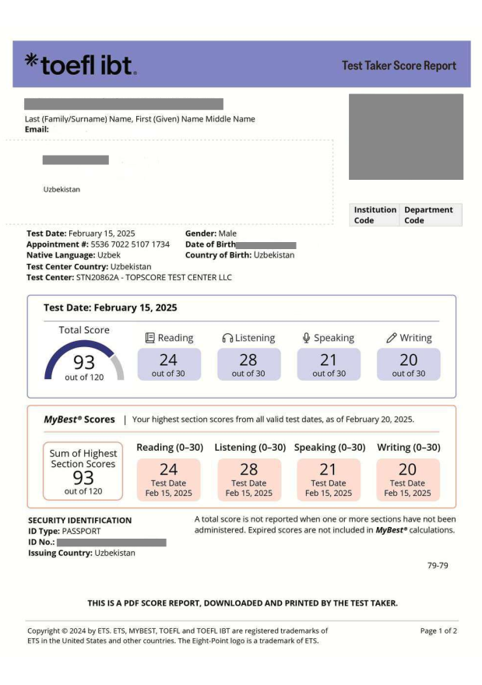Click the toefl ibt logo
pos(80,65)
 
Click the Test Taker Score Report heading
pos(399,65)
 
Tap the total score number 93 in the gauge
pos(84,364)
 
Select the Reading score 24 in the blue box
pos(168,360)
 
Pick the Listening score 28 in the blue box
pos(248,360)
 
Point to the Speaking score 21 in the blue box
pos(329,360)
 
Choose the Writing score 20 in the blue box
pos(408,360)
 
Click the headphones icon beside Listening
pos(227,338)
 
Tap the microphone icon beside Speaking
pos(307,338)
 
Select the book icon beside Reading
pos(150,338)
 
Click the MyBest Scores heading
pos(79,420)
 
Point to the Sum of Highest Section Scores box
pos(83,471)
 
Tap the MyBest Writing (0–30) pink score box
pos(408,479)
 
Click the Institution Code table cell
pos(375,215)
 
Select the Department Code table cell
pos(430,215)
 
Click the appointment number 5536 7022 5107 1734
pos(130,244)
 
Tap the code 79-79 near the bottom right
pos(438,565)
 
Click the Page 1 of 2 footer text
pos(438,631)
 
